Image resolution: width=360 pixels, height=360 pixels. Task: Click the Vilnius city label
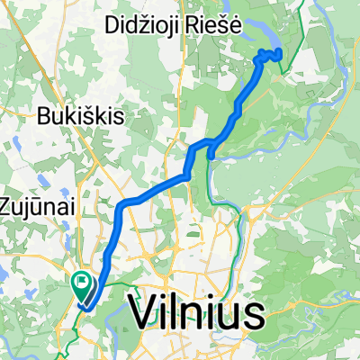197,311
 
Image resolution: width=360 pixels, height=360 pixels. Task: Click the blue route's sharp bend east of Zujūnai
121,205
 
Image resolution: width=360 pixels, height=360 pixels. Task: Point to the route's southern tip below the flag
84,306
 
